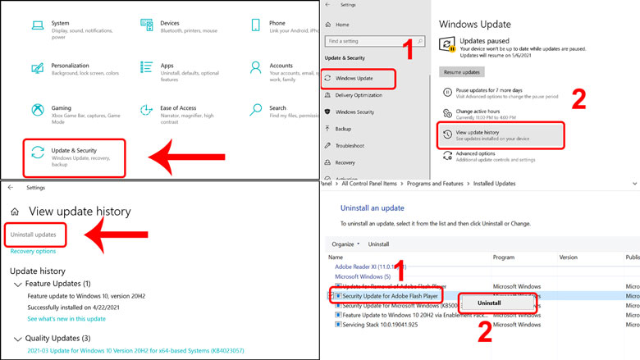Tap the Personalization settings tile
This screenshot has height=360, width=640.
pos(74,70)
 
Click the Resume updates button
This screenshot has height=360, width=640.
pos(462,72)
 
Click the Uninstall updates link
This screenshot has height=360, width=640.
pos(34,235)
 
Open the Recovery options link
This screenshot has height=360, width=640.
pos(33,252)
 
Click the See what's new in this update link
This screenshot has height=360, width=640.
pos(66,318)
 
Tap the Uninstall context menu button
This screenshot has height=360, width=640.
pos(489,303)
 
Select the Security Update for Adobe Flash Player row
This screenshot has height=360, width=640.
pos(391,294)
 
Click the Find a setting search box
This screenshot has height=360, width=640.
pos(359,41)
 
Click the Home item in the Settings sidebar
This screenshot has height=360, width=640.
pos(342,25)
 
